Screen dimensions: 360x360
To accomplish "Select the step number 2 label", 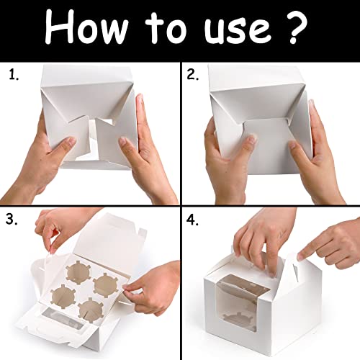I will [193, 75].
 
